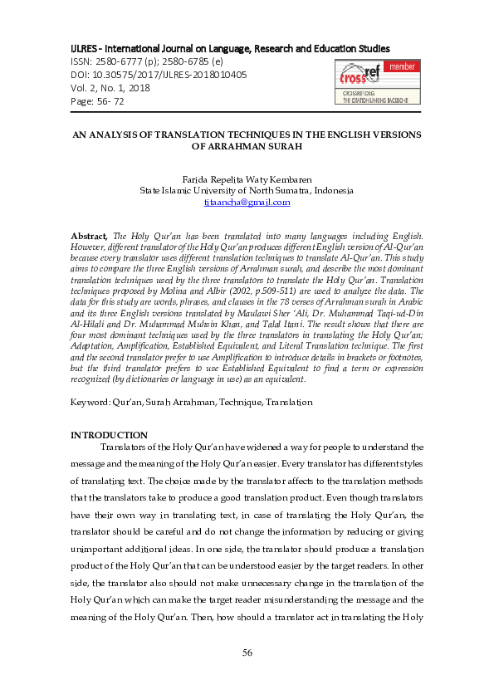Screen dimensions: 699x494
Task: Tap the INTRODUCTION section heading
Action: point(109,435)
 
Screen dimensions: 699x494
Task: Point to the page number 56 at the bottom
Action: point(247,653)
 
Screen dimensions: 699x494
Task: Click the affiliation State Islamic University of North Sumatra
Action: point(247,190)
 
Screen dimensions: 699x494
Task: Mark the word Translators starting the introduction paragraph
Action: point(127,447)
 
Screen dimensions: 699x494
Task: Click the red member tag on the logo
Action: point(402,66)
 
